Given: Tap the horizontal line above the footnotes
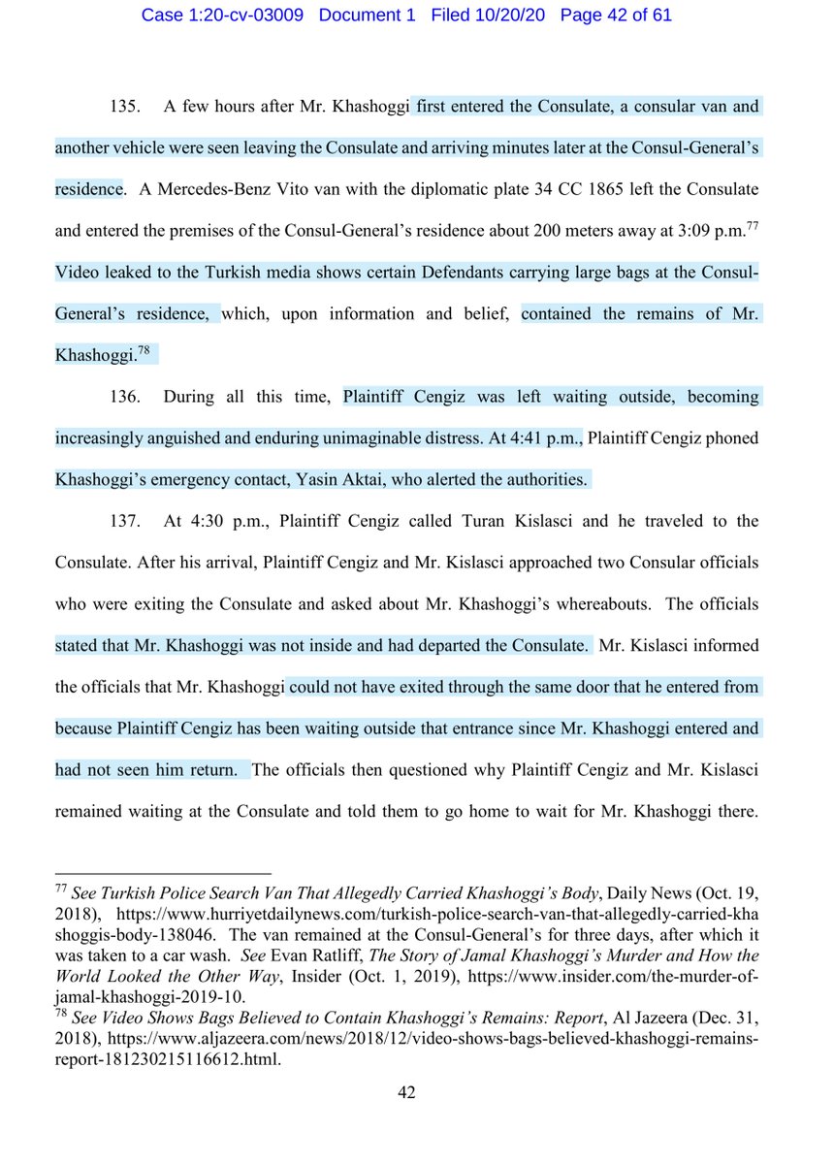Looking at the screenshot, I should [163, 872].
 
